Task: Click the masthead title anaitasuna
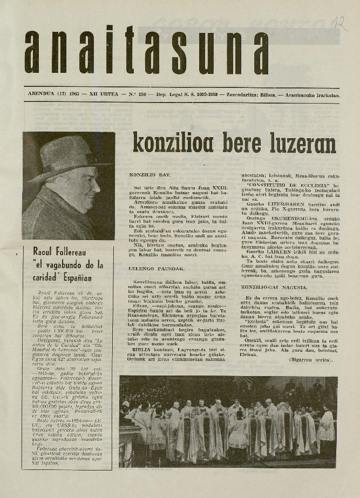pyautogui.click(x=146, y=50)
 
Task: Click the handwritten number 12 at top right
pyautogui.click(x=341, y=23)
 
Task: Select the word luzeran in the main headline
pyautogui.click(x=307, y=144)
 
